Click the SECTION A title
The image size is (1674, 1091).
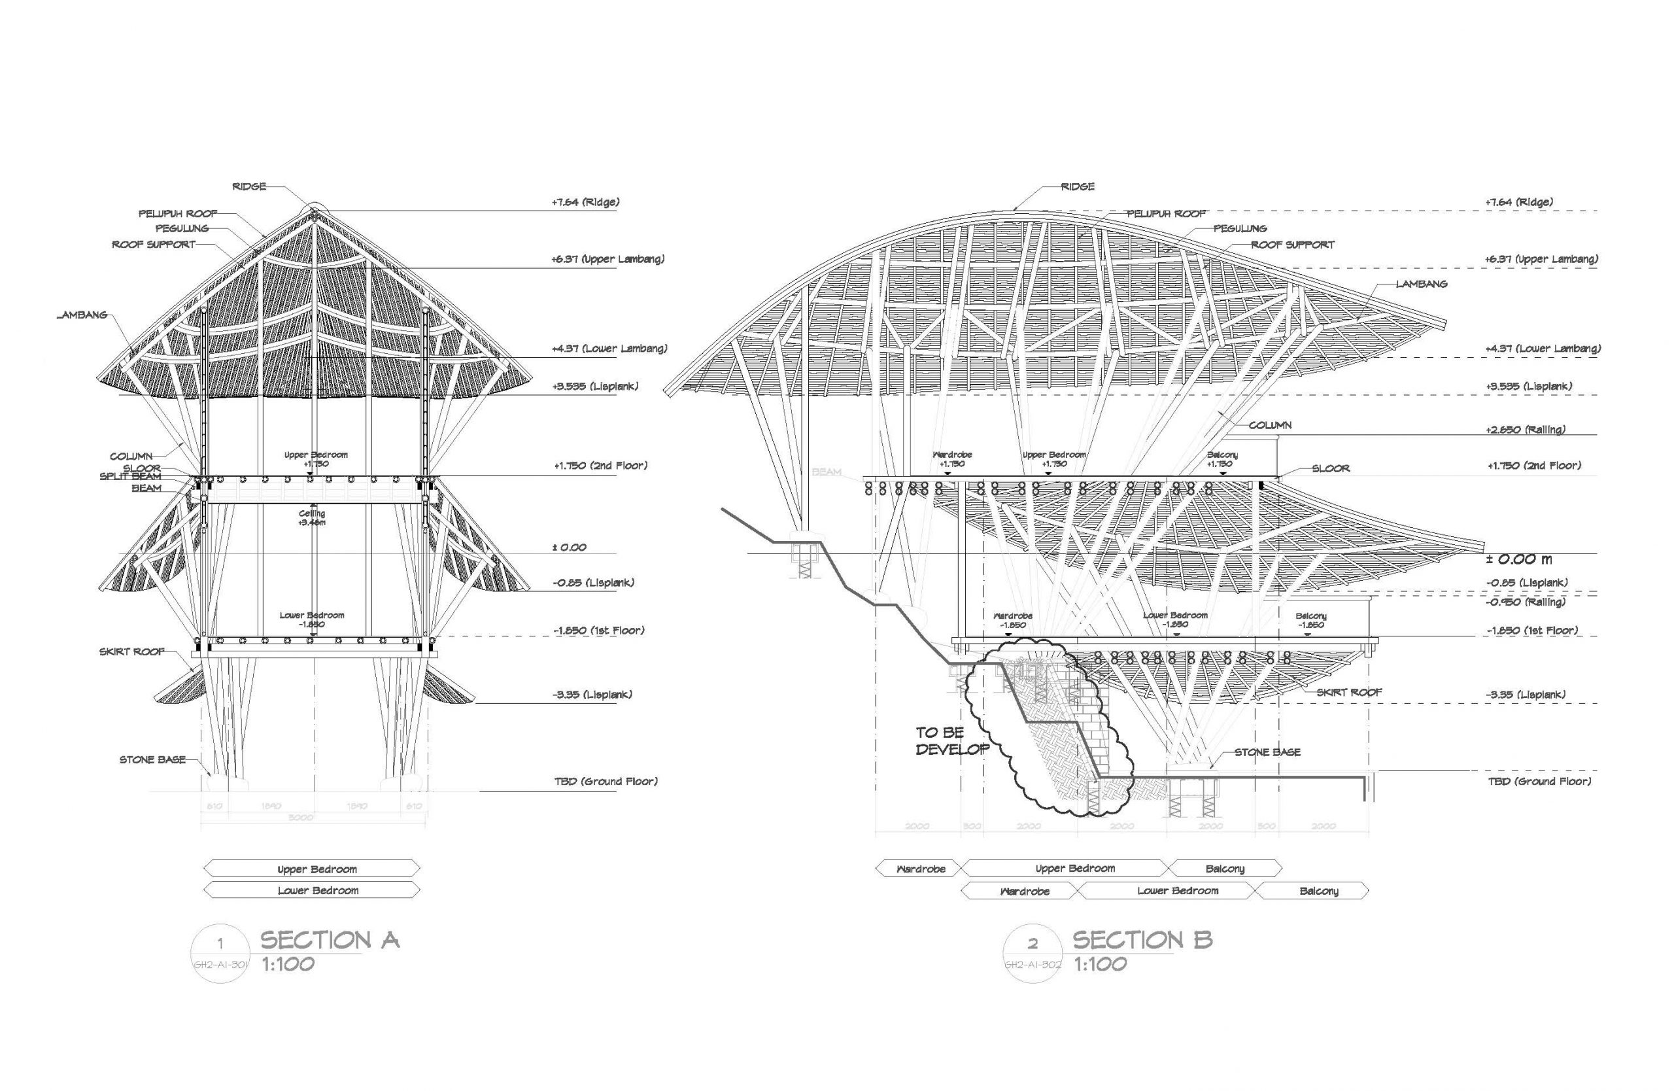(330, 941)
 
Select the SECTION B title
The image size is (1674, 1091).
(1142, 941)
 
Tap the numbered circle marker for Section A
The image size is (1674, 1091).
(220, 953)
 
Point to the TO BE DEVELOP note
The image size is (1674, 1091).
(951, 740)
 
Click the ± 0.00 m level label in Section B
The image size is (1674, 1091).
(1518, 560)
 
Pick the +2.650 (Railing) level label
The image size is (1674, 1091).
(1526, 429)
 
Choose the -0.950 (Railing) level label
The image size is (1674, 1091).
(1526, 602)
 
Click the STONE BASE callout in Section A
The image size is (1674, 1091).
(152, 759)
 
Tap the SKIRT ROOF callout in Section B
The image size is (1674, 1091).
(1349, 692)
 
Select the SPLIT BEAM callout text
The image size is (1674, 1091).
(130, 477)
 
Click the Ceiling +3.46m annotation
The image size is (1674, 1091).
(313, 518)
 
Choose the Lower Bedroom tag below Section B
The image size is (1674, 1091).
(1178, 891)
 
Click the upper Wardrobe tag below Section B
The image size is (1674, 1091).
(921, 869)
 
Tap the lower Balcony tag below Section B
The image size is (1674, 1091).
(1319, 892)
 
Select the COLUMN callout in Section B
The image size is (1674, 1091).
(1270, 426)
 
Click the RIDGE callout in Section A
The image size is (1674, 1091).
(249, 186)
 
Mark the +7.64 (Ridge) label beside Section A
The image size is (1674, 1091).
(585, 203)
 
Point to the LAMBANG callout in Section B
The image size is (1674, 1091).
(1422, 283)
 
